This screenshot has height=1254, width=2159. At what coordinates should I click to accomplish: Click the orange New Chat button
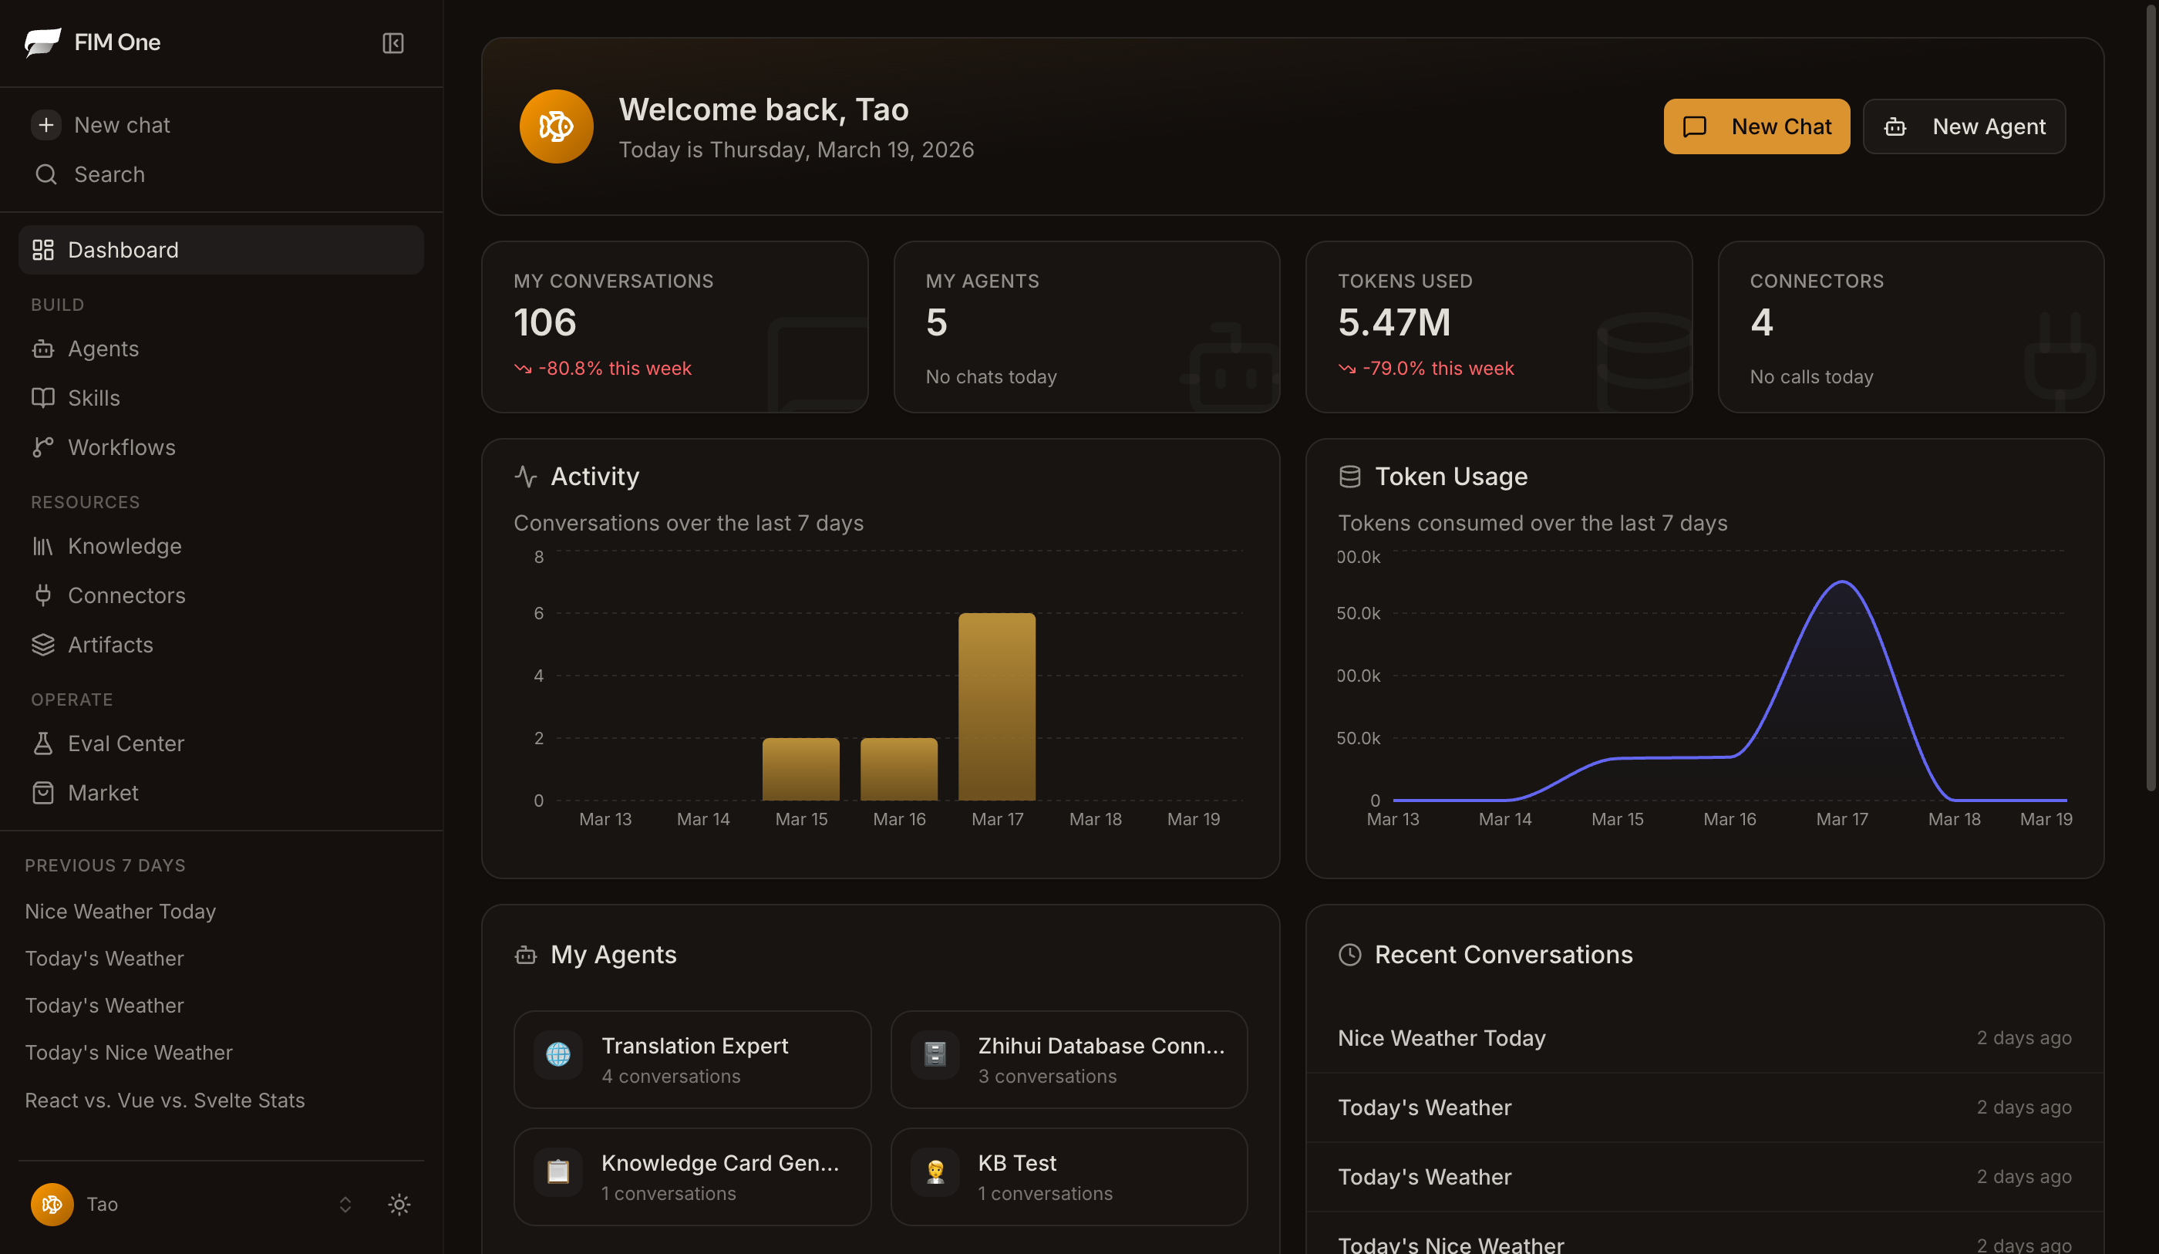1756,126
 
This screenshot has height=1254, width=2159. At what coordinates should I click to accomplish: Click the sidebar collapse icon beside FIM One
392,43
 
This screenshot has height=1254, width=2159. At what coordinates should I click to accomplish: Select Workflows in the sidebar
121,447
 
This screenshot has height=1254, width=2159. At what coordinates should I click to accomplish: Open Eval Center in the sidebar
125,743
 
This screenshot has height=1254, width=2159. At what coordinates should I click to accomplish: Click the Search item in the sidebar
109,174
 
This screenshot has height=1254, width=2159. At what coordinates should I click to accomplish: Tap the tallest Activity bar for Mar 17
996,706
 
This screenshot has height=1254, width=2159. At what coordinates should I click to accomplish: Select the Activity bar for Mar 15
800,769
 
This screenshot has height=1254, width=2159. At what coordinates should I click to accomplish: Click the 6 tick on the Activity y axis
538,613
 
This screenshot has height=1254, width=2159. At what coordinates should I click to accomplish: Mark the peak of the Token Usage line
1842,582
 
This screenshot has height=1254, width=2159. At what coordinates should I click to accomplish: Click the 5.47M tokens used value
1394,322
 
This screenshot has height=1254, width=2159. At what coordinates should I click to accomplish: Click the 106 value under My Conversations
545,322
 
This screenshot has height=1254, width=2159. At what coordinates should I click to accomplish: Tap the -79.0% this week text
1437,368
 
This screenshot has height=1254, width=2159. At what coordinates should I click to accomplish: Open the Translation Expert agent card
692,1060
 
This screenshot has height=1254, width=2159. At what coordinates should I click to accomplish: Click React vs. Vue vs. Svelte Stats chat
164,1100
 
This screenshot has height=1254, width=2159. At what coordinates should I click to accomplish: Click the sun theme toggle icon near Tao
399,1205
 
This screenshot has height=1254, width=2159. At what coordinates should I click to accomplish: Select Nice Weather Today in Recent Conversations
1441,1038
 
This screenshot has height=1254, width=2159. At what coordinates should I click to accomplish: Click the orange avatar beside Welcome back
556,126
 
